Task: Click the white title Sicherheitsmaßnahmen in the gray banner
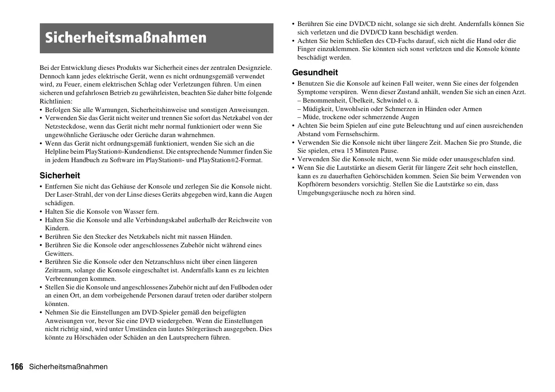(126, 38)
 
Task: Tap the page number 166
(17, 367)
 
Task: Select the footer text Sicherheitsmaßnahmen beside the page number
(68, 367)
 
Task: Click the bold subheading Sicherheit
(60, 176)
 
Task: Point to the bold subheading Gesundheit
(315, 73)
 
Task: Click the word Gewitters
(59, 254)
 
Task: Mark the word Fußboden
(245, 287)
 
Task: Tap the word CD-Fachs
(399, 41)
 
